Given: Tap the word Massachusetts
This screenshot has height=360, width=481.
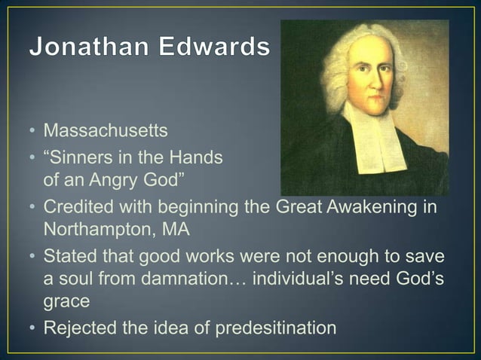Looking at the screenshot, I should click(x=105, y=131).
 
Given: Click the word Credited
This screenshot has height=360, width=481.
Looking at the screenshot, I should click(x=76, y=206).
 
